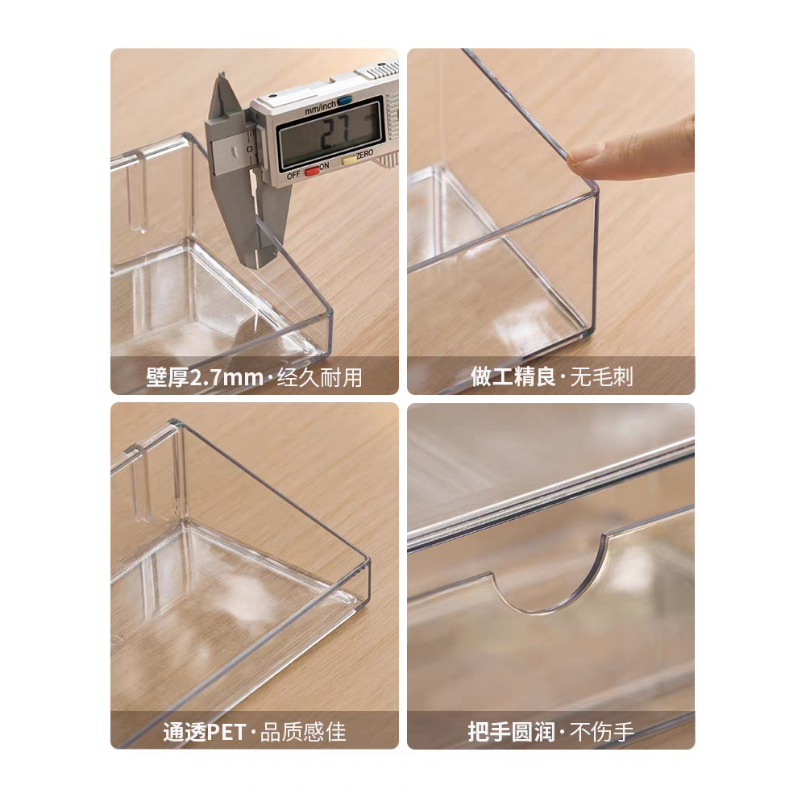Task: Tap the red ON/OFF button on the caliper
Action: click(x=311, y=171)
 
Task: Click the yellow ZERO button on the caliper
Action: click(x=349, y=160)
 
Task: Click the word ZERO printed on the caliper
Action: click(x=364, y=154)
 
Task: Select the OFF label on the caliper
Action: click(x=293, y=175)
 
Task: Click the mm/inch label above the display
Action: click(x=320, y=107)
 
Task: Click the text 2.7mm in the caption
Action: click(x=226, y=378)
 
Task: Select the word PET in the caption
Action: click(x=226, y=732)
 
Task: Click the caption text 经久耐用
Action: click(x=320, y=378)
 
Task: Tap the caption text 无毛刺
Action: click(x=601, y=376)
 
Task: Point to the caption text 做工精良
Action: click(x=513, y=376)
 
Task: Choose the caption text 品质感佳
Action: click(x=303, y=732)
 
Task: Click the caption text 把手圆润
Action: click(x=511, y=732)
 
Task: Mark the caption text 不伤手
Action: click(x=601, y=732)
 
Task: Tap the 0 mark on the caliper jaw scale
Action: click(x=249, y=148)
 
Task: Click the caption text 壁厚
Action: click(x=168, y=378)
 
